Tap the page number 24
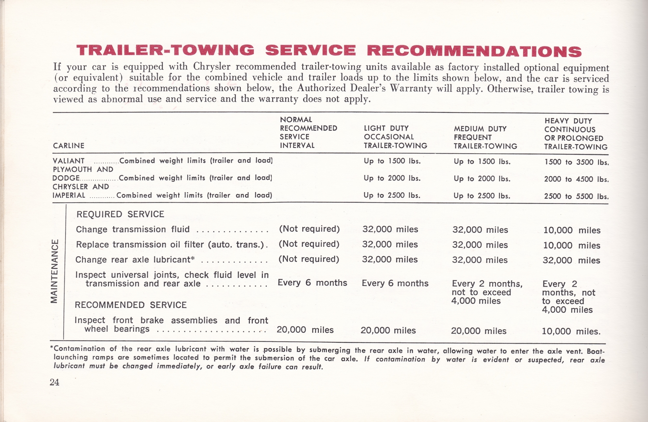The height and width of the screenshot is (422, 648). click(x=55, y=382)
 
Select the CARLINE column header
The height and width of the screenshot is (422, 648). click(x=68, y=146)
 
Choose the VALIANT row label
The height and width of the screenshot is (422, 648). click(x=68, y=161)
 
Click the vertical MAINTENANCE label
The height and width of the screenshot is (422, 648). click(x=54, y=271)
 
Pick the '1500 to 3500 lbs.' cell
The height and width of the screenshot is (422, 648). click(x=576, y=162)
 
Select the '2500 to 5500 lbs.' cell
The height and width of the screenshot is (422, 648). click(x=576, y=196)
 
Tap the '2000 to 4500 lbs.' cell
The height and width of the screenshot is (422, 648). click(x=576, y=179)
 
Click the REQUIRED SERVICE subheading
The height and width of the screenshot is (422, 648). click(x=120, y=214)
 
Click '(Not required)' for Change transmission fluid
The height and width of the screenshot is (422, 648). click(x=309, y=229)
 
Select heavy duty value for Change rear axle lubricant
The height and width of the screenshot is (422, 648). click(x=571, y=261)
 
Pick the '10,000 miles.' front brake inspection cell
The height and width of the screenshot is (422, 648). click(x=571, y=331)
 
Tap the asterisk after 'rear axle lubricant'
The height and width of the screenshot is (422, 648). click(x=193, y=259)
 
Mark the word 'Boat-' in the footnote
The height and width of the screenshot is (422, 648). click(x=596, y=351)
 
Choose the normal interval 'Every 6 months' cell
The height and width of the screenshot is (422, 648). click(x=312, y=283)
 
